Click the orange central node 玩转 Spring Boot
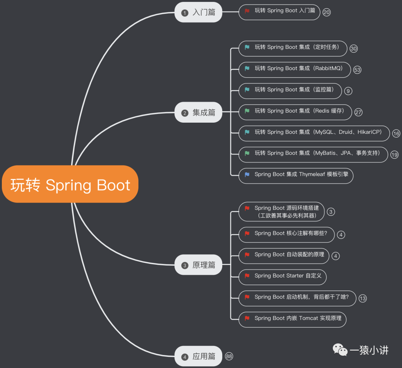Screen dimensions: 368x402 click(70, 185)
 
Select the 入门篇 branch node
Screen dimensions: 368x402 click(198, 12)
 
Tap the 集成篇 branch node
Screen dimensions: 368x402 click(198, 113)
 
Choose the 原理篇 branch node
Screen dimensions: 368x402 click(198, 265)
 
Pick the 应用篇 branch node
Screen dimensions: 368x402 click(198, 356)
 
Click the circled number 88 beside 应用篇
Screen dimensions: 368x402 click(229, 356)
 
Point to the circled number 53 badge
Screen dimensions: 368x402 click(357, 70)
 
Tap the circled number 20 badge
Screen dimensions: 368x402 click(326, 12)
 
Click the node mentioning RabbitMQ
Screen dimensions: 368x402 click(294, 70)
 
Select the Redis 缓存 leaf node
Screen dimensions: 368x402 click(295, 112)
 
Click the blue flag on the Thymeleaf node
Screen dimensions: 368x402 click(247, 174)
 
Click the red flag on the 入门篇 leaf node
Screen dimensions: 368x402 click(247, 11)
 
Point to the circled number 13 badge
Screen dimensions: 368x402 click(362, 298)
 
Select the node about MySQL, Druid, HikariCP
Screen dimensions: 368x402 click(314, 133)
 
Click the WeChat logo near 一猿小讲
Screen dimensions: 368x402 click(340, 350)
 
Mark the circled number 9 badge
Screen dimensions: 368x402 click(348, 91)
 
